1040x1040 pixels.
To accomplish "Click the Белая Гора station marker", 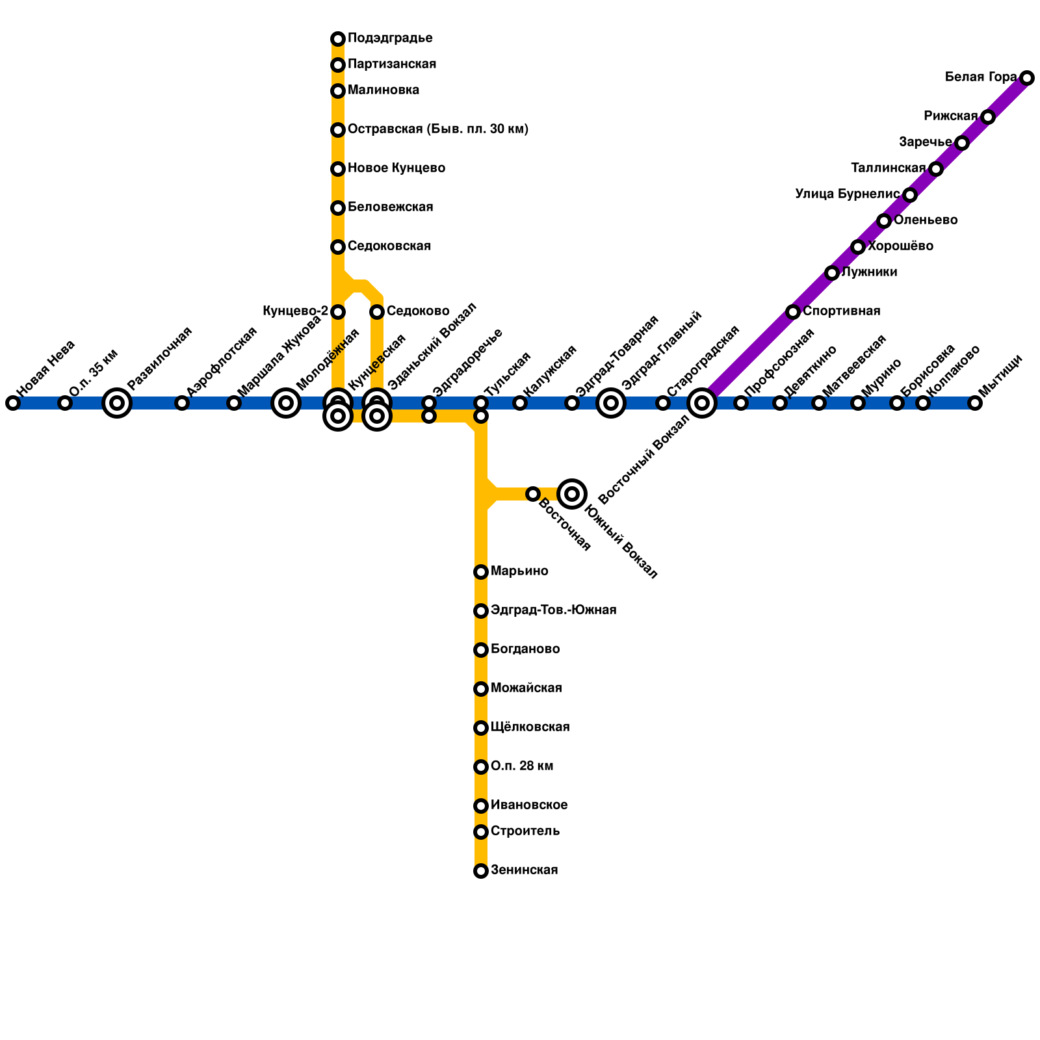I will coord(1027,78).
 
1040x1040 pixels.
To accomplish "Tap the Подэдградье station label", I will coord(390,38).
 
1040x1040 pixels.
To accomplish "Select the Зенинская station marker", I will coord(481,871).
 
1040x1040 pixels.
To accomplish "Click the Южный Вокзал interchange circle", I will coord(572,494).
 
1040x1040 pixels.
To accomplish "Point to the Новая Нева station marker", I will coord(13,403).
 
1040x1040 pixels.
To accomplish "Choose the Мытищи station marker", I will coord(975,403).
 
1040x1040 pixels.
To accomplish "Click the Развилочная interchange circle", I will coord(117,403).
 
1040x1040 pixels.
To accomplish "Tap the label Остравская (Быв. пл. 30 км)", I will coord(438,129).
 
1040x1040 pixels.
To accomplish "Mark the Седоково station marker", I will coord(377,312).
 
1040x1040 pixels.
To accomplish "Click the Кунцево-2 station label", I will coord(295,311).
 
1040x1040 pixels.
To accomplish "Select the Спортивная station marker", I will coord(793,312).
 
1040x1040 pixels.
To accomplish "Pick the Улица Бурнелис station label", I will coord(847,194).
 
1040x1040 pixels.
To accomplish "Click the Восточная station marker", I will coord(533,494).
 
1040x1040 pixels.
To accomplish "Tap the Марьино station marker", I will coord(481,572).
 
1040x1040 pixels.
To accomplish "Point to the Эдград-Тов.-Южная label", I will coord(553,610).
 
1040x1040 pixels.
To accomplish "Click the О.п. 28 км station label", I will coord(522,766).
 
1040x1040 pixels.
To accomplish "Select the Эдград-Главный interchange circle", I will coord(611,403).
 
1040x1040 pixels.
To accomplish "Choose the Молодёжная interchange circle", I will coord(286,403).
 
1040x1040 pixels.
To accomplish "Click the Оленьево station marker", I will coord(884,221).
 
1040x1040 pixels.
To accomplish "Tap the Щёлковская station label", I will coord(530,727).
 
